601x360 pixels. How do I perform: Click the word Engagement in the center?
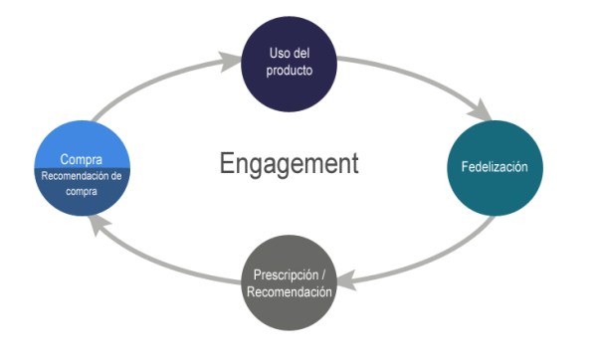[x=289, y=164]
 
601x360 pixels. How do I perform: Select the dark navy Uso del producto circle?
[x=290, y=66]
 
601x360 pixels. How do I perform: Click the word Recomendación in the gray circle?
[x=290, y=291]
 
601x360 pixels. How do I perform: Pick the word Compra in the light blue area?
[x=82, y=159]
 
